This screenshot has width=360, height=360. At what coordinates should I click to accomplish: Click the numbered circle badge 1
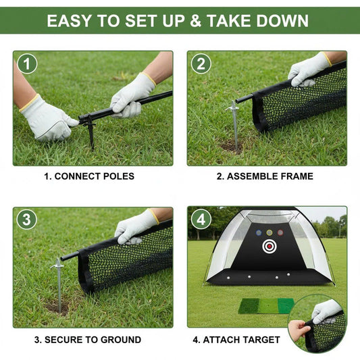click(27, 63)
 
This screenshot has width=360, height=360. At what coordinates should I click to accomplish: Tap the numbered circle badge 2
click(201, 63)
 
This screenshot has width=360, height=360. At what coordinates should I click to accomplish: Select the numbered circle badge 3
click(27, 220)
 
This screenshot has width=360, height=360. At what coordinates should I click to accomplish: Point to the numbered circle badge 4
click(201, 220)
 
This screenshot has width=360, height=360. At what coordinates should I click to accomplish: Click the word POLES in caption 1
click(119, 176)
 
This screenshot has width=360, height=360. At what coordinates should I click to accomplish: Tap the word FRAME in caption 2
click(297, 176)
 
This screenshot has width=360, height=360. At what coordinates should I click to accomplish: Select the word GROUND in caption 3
click(121, 340)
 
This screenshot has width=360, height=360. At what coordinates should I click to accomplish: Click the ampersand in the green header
click(196, 21)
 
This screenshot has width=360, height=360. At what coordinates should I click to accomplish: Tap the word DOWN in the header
click(282, 21)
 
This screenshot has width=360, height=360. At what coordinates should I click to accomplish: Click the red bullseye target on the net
click(269, 246)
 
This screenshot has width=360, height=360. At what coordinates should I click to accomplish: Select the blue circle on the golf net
click(259, 233)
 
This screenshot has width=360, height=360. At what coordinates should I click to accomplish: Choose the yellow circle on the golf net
click(269, 233)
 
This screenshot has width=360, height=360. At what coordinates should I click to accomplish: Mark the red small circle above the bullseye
click(280, 233)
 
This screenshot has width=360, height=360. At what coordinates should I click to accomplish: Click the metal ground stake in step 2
click(234, 125)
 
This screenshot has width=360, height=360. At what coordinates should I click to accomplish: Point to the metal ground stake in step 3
click(59, 285)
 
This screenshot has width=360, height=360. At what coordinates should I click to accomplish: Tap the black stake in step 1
click(91, 132)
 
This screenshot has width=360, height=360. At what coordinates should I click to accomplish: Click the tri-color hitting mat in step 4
click(266, 306)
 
